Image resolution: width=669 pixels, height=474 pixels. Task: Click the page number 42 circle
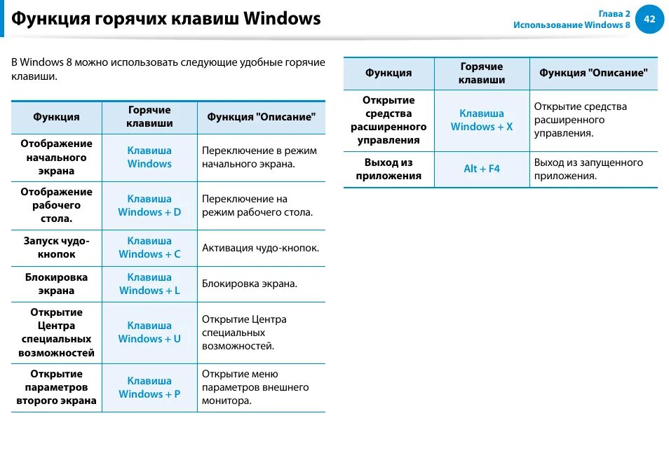[649, 19]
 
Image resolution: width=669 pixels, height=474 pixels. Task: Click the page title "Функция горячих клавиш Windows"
[166, 18]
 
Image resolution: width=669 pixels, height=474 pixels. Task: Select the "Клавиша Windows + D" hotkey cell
[149, 205]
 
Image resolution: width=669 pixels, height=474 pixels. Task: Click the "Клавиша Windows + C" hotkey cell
[149, 247]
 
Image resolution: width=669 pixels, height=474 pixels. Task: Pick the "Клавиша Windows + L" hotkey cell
[149, 284]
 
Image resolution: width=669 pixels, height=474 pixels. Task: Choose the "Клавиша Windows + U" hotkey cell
[149, 332]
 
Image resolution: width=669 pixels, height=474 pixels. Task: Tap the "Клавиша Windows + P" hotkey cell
[149, 387]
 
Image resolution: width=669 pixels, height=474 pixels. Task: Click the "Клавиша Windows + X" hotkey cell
[482, 120]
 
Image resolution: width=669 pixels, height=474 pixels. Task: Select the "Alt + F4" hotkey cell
[482, 169]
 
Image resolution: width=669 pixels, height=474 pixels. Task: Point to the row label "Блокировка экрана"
[56, 284]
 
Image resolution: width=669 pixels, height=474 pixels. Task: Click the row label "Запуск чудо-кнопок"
[56, 247]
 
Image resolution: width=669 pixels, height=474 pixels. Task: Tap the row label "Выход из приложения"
[388, 169]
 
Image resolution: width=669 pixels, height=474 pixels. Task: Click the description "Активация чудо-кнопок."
[260, 248]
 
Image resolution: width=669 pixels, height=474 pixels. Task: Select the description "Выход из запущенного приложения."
[588, 169]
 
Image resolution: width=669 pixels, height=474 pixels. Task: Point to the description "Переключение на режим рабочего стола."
[257, 205]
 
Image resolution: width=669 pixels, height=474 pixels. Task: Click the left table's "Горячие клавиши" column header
[149, 116]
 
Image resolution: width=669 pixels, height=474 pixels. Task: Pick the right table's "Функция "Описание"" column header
[593, 73]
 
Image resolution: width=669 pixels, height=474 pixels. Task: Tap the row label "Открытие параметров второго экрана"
[56, 387]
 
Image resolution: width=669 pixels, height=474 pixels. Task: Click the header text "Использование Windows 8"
[572, 25]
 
